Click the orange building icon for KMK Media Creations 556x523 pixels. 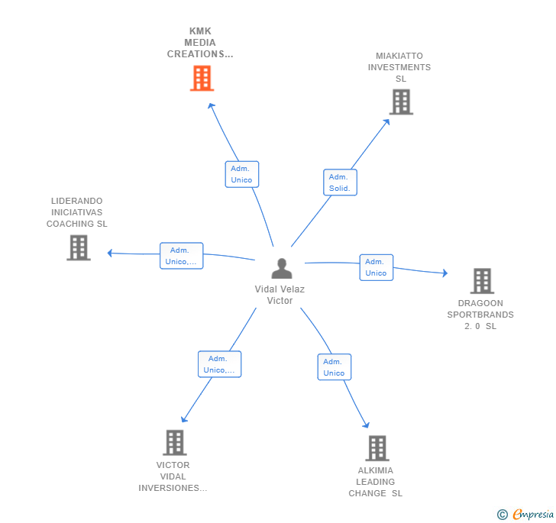tap(202, 78)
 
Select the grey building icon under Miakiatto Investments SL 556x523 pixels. tap(401, 102)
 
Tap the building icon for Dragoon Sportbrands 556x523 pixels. tap(482, 281)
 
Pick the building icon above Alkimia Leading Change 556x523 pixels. tap(377, 448)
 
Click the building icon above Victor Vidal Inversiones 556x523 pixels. tap(175, 443)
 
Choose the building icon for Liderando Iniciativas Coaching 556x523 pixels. tap(79, 247)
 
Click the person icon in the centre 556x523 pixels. tap(282, 269)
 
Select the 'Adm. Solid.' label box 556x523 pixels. tap(340, 182)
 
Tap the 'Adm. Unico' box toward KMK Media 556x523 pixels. tap(242, 174)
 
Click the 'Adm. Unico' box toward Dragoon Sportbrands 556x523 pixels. tap(377, 267)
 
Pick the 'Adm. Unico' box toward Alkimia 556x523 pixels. tap(334, 367)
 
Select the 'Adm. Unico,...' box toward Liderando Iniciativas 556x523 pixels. tap(181, 256)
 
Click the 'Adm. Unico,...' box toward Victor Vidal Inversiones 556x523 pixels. tap(219, 364)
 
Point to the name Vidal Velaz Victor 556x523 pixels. tap(280, 295)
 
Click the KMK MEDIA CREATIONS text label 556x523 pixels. tap(200, 43)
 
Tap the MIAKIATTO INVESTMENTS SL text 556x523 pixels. tap(399, 67)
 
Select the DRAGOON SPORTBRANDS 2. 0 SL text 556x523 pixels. tap(480, 315)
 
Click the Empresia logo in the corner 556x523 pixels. tap(525, 514)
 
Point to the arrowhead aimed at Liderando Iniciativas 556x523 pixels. tap(109, 253)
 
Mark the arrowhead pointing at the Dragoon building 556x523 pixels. tap(445, 273)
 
